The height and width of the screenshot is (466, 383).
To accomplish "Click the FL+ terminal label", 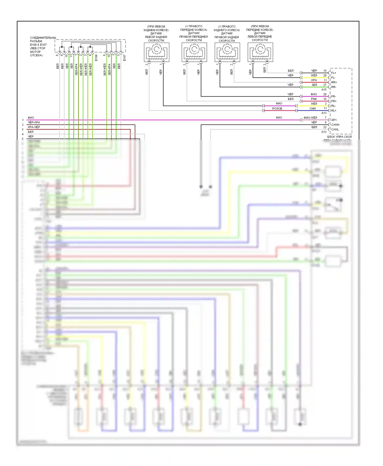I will coord(333,73).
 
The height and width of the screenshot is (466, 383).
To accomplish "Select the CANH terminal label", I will coord(335,125).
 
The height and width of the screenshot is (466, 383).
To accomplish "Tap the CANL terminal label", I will coord(335,129).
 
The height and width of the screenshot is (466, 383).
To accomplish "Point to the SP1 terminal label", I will coord(334,120).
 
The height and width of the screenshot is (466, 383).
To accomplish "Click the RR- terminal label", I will coord(333,87).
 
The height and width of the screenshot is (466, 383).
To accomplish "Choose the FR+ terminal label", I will coord(334,101).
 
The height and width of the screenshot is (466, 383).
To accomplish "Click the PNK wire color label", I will coord(314,99).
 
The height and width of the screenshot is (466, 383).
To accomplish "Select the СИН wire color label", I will coord(313,109).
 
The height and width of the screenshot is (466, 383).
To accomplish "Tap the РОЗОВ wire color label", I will coord(277,109).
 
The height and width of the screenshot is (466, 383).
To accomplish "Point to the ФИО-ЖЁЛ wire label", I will coord(310,118).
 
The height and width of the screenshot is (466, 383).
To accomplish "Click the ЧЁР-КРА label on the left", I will coord(34,122).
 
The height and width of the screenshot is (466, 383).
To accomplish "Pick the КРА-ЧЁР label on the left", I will coord(34,127).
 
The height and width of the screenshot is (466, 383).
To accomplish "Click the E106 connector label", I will coord(96,58).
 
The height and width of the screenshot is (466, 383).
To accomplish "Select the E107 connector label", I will coord(125,58).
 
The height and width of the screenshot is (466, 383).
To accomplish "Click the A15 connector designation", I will coord(324,89).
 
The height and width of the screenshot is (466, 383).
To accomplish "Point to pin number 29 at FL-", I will coord(325,75).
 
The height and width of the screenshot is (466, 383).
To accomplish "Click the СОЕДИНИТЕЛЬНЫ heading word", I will coord(43,38).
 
